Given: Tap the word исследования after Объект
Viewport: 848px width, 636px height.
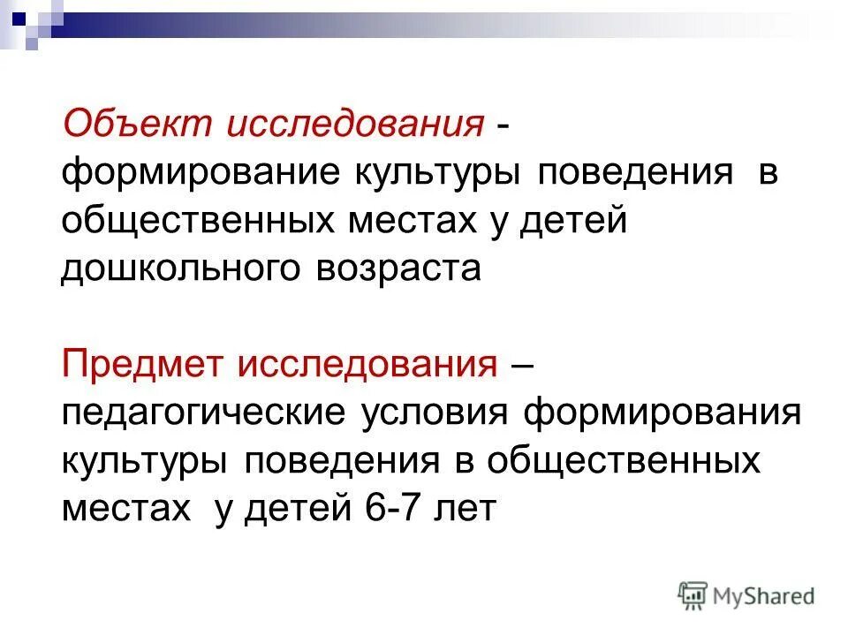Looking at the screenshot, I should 356,124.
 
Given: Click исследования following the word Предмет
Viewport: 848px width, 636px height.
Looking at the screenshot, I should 366,362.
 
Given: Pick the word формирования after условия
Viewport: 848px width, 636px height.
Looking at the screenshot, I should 662,413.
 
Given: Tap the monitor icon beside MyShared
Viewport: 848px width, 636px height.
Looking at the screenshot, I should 692,594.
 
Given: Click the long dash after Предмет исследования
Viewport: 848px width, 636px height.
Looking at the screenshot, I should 521,364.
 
